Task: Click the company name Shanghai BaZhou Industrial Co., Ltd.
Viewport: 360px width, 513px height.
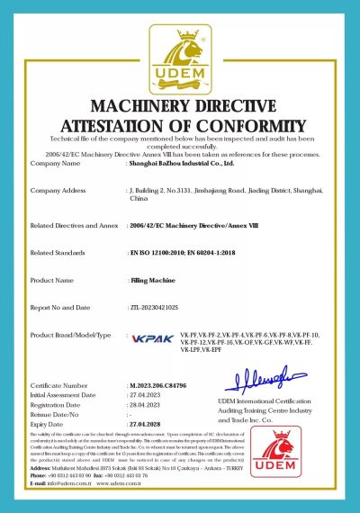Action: tap(179, 164)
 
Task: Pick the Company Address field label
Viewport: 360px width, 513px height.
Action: tap(61, 191)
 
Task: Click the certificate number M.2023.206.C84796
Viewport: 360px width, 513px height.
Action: tap(162, 385)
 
